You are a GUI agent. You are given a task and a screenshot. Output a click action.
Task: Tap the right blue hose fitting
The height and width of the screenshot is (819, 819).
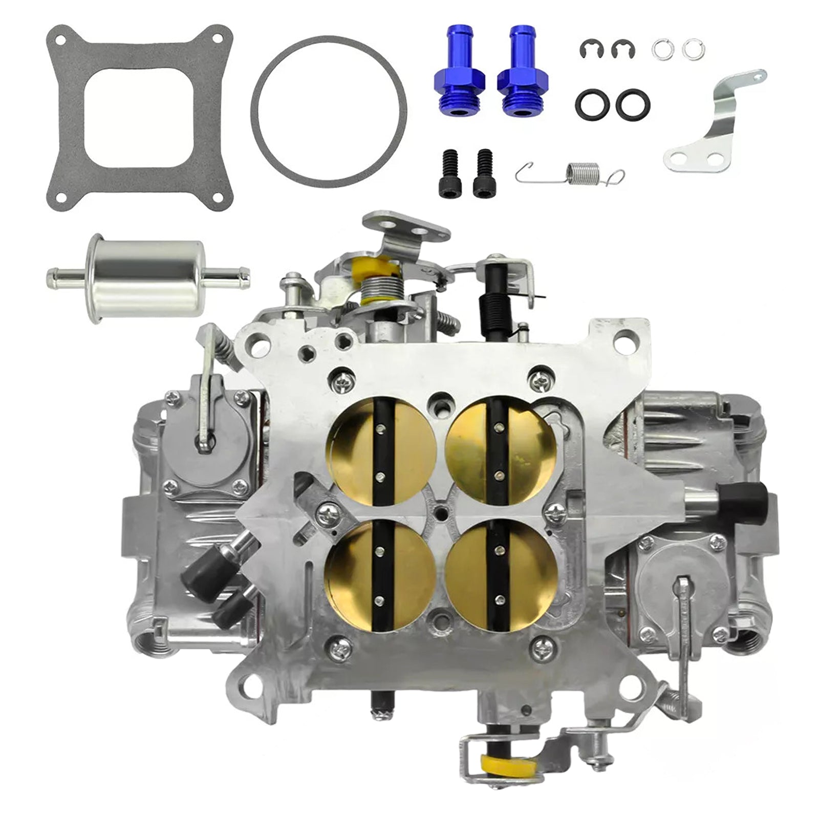(x=522, y=77)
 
